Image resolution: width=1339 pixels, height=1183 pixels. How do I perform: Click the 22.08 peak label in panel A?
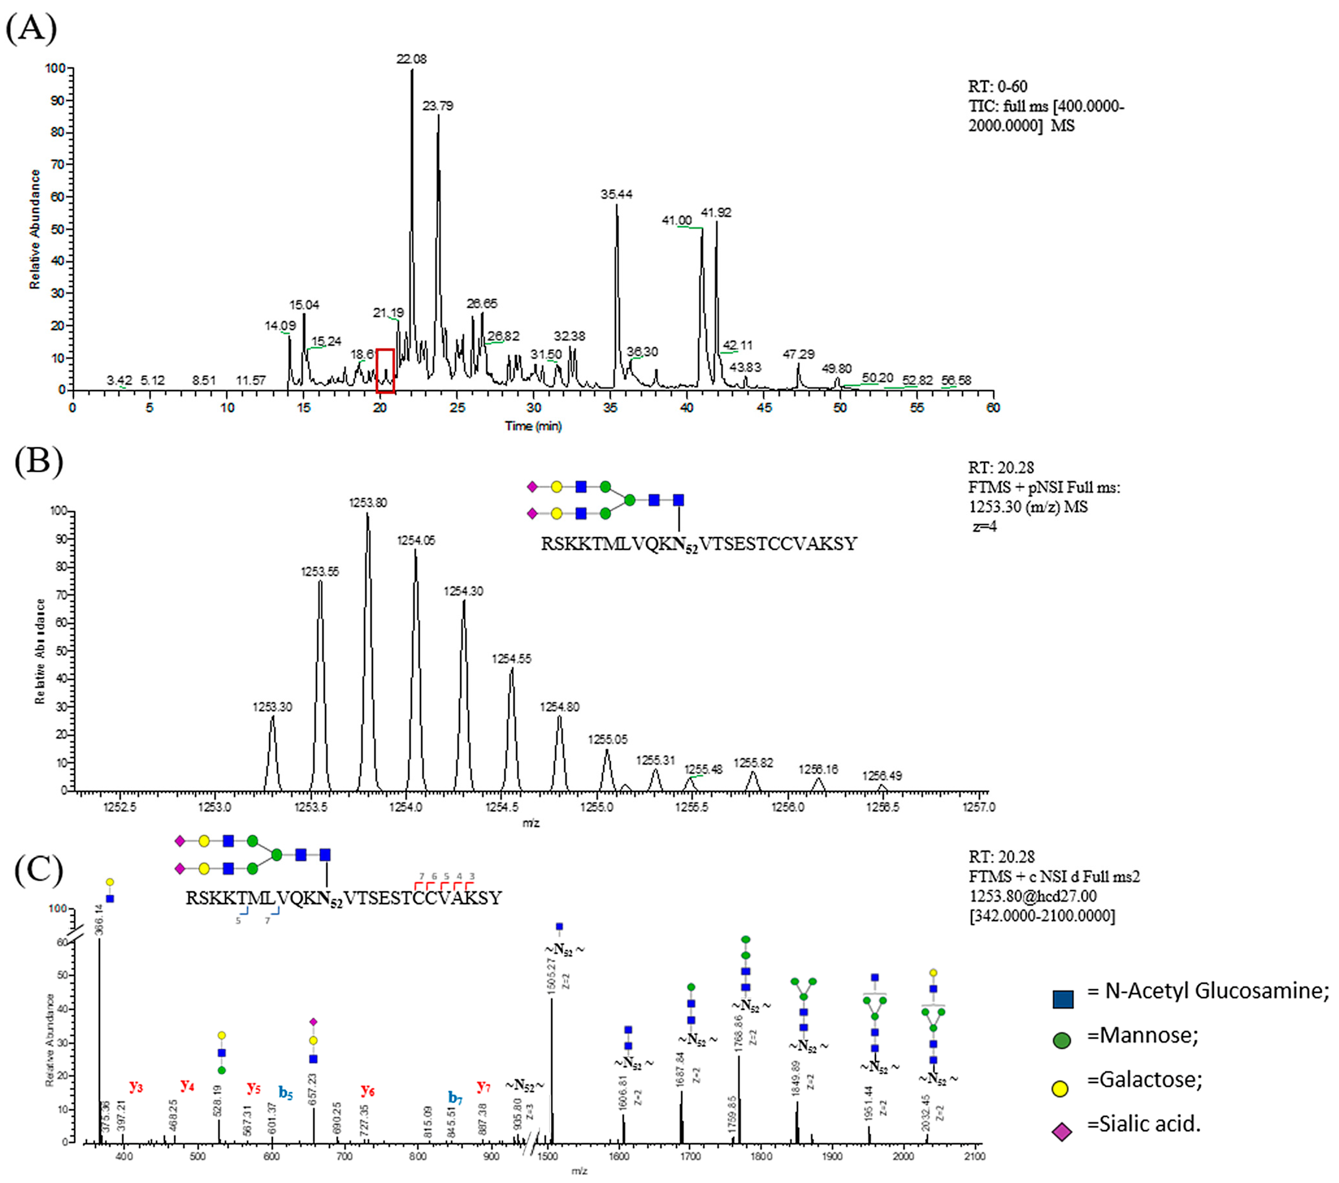[411, 59]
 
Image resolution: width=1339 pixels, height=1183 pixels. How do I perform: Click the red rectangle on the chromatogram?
[385, 371]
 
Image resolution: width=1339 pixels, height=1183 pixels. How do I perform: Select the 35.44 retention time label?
[616, 195]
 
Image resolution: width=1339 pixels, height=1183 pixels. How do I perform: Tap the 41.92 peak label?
[716, 213]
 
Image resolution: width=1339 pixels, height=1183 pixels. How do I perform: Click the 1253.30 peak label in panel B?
[272, 707]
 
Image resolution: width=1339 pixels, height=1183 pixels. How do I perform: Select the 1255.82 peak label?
[753, 763]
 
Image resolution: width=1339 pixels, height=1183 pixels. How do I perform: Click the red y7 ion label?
[483, 1086]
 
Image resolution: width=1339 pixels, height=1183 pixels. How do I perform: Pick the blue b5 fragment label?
[286, 1092]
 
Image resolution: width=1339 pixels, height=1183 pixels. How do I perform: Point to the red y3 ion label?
[136, 1086]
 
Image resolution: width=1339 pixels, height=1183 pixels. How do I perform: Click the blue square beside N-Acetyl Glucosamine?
[1063, 999]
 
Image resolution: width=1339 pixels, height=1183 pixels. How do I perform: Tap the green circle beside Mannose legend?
[1062, 1040]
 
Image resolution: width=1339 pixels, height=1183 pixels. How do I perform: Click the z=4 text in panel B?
[985, 526]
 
